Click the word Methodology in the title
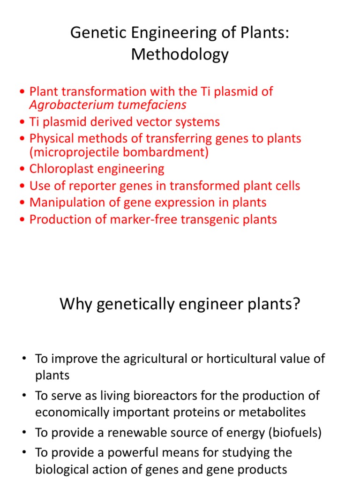point(180,54)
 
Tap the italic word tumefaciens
point(152,105)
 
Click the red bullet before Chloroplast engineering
point(23,169)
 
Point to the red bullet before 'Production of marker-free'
point(23,220)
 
